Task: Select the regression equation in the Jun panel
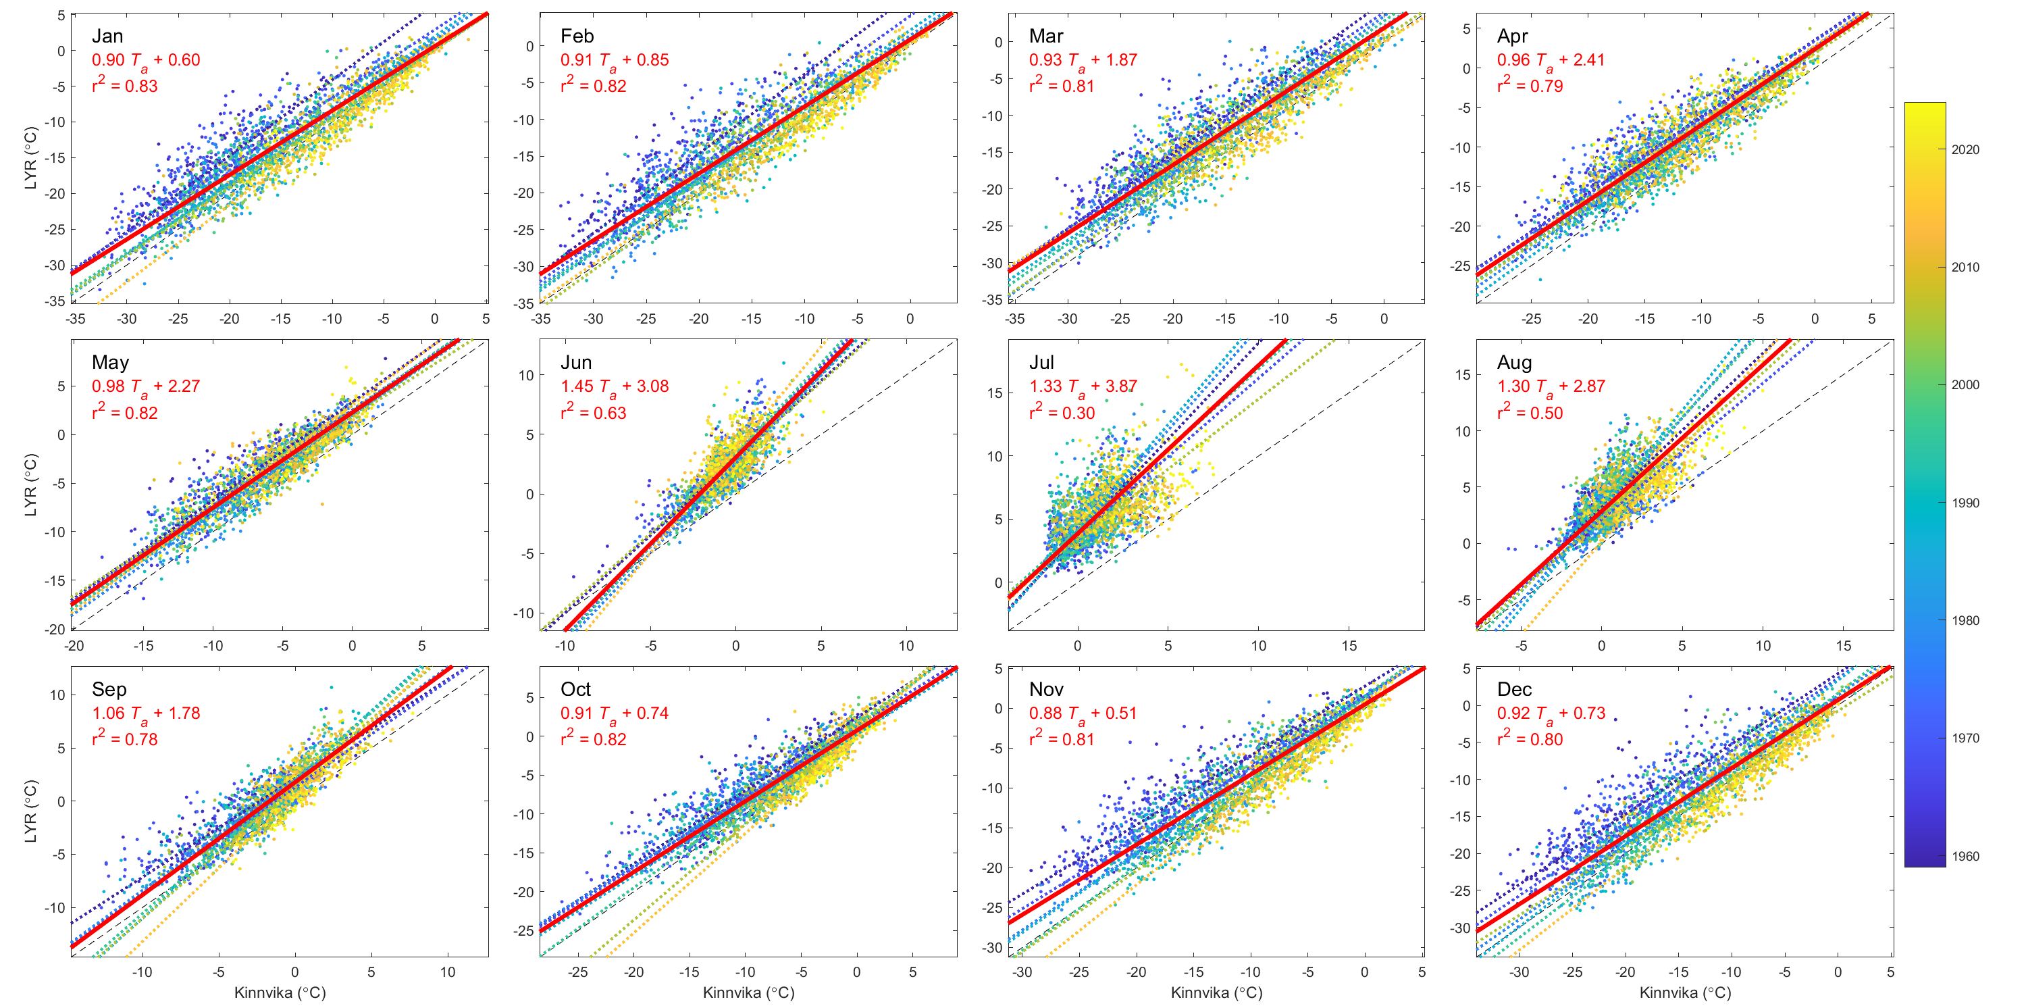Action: click(615, 386)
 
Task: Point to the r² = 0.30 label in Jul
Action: click(1061, 412)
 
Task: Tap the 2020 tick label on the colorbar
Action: click(1965, 149)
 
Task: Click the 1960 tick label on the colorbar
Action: click(1965, 856)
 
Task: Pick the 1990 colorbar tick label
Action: click(1965, 503)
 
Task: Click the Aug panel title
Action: click(1514, 363)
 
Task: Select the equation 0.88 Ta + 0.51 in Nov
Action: click(1082, 713)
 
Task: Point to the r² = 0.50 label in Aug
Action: click(1529, 412)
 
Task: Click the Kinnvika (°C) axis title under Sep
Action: click(280, 992)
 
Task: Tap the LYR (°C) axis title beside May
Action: click(30, 484)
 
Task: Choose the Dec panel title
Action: click(1514, 689)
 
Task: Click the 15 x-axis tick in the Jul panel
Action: click(1349, 646)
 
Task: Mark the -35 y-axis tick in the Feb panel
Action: click(524, 303)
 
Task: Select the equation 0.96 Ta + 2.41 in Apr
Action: click(1550, 60)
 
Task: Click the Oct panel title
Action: click(575, 689)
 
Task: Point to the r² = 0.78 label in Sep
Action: click(124, 739)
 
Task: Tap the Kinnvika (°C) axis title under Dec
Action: click(1685, 992)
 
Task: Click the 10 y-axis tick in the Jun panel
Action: click(525, 376)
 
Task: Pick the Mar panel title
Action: click(1045, 36)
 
